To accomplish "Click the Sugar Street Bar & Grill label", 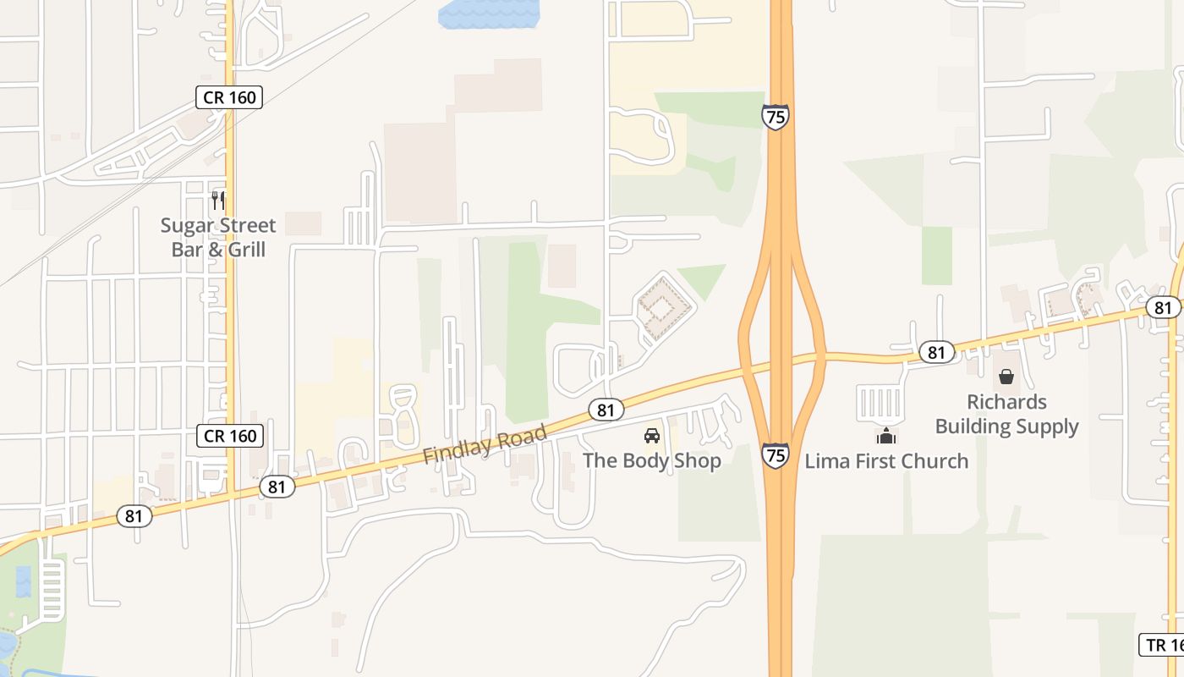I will (x=218, y=238).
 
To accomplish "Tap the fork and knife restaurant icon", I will (x=218, y=201).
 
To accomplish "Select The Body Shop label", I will (x=651, y=460).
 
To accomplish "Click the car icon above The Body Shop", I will (x=651, y=436).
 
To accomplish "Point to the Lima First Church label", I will (x=885, y=461).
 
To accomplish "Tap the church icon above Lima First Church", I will (x=885, y=437).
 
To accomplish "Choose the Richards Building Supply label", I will (x=1006, y=414).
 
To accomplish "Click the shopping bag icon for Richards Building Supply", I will (x=1006, y=377).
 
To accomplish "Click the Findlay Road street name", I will (x=485, y=444).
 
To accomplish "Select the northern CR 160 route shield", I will (x=229, y=97).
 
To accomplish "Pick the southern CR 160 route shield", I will (x=229, y=436).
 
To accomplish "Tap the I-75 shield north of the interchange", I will (x=775, y=116).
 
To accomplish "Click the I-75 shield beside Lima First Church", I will (x=775, y=455).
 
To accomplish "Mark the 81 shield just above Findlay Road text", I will (x=606, y=410).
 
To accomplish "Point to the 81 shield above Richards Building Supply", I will (x=935, y=351).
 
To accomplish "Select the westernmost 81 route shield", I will (x=134, y=515).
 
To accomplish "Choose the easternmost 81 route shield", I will (x=1164, y=307).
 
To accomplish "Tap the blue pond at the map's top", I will (x=488, y=14).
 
